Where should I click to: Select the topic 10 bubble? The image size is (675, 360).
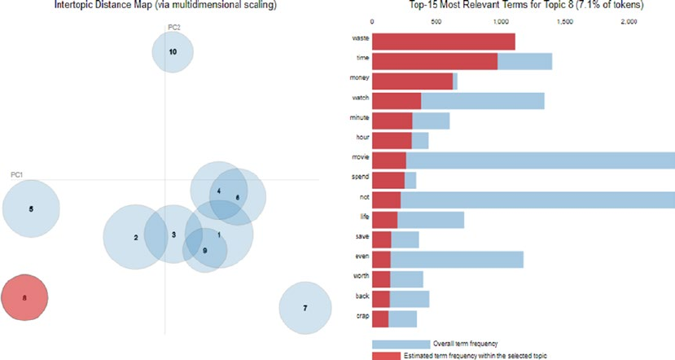(173, 52)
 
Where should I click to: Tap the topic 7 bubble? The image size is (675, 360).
(305, 308)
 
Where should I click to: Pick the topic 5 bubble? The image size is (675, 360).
(31, 209)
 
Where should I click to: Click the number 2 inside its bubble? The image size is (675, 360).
(136, 237)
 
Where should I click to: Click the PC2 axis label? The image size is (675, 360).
(174, 27)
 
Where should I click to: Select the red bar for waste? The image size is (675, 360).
(444, 42)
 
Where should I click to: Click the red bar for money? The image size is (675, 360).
(413, 81)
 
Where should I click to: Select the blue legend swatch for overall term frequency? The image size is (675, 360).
(401, 344)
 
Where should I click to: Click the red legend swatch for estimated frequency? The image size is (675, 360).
(401, 355)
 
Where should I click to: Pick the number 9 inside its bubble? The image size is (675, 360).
(204, 250)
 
